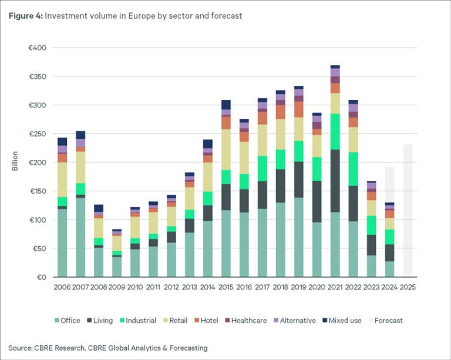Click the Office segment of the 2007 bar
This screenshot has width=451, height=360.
coord(80,237)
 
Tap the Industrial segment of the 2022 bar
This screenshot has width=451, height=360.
coord(353,169)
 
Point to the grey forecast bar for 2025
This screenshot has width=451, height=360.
coord(408,211)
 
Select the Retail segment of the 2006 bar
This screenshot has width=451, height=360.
coord(62,180)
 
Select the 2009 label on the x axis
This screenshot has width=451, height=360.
coord(116,288)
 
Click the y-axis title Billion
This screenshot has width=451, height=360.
coord(15,162)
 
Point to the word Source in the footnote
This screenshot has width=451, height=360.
coord(21,348)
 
